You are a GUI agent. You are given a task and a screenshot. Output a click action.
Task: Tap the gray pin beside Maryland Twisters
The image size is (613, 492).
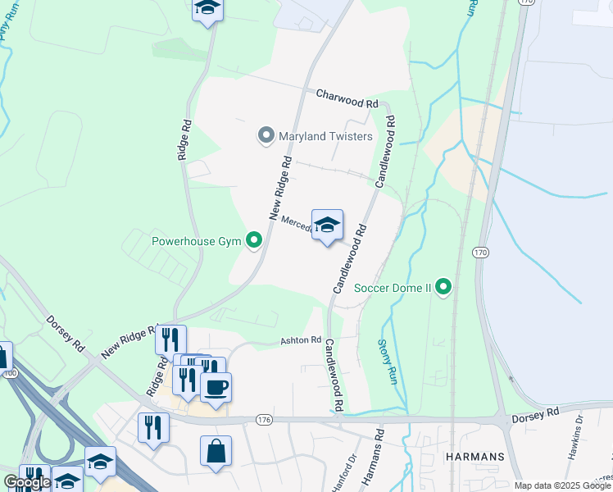(266, 135)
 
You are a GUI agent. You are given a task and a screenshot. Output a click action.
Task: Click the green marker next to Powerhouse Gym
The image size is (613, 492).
(255, 241)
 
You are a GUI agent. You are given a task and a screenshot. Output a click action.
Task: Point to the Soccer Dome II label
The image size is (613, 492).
(393, 288)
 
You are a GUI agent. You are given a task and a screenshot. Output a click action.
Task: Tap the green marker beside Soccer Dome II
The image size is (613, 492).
(443, 287)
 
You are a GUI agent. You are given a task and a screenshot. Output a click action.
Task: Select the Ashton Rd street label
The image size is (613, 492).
(301, 340)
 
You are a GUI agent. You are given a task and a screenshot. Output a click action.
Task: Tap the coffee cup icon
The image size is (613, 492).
(216, 387)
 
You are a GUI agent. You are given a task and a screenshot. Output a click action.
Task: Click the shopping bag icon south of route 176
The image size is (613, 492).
(216, 450)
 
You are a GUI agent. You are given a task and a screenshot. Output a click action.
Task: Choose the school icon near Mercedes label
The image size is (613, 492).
(327, 225)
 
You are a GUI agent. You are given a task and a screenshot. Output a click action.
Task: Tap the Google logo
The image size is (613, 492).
(27, 482)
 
